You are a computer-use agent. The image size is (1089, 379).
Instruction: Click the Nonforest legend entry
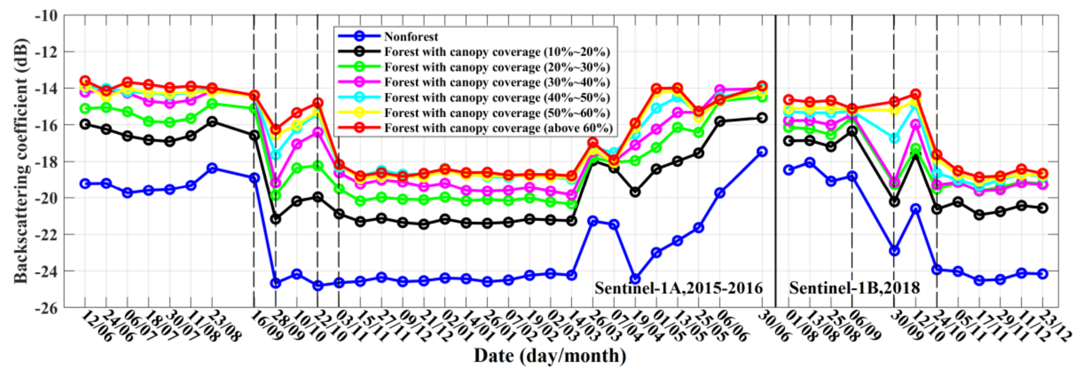coord(411,37)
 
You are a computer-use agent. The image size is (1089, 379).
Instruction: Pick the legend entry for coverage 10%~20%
coord(497,52)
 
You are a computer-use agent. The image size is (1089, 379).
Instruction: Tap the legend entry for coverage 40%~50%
coord(497,98)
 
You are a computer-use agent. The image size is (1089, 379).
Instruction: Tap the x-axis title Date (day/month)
coord(550,355)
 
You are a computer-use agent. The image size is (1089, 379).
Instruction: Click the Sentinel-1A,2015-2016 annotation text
coord(678,288)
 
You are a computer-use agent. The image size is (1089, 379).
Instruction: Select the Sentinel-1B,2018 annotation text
coord(854,288)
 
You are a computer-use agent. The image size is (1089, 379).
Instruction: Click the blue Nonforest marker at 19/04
coord(635,279)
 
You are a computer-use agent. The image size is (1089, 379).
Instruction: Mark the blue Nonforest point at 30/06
coord(762,151)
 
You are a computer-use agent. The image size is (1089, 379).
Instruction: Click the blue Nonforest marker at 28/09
coord(276,283)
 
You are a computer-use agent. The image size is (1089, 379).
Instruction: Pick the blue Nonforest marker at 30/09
coord(894,251)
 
